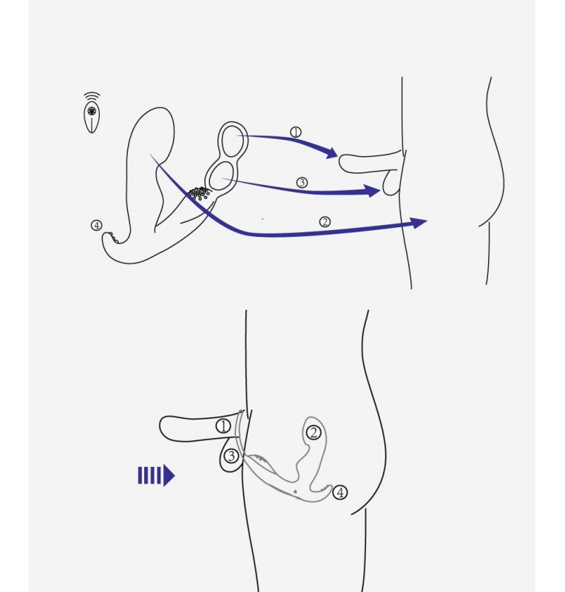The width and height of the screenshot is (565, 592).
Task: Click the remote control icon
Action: pos(92,118)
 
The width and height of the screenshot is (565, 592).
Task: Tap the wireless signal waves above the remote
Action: pos(92,95)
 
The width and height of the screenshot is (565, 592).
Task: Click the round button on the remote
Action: pos(92,111)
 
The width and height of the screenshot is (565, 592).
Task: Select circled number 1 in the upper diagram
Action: pos(296,132)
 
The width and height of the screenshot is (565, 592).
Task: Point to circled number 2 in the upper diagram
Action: pos(325,222)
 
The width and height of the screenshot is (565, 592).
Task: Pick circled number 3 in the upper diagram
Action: pos(302,183)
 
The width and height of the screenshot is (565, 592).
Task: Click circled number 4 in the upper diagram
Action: pos(97,226)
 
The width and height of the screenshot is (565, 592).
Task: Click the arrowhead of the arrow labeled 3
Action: pos(373,191)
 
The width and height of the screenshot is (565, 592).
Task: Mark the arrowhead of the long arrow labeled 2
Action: pos(419,223)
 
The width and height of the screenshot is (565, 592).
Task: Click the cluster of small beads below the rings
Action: pos(199,193)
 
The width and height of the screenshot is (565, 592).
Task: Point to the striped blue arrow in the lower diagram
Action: pos(156,475)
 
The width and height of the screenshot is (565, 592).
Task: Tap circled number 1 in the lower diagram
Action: pos(223,426)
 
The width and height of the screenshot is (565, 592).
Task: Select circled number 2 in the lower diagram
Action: pos(314,433)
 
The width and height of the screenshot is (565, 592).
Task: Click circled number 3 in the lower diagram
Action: pos(231,456)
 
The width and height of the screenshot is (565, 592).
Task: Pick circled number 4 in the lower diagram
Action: pos(340,492)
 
